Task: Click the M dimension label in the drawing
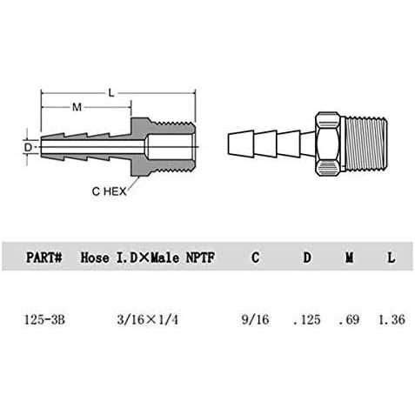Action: point(77,108)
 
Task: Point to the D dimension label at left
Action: point(29,148)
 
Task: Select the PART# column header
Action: point(44,258)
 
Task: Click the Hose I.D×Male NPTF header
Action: point(147,258)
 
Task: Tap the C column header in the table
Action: point(254,258)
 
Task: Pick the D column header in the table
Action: point(306,258)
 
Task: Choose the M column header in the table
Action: point(348,258)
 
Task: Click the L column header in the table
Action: point(391,258)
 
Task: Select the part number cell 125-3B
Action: point(45,319)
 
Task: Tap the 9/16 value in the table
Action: point(254,319)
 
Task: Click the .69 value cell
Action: point(348,319)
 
